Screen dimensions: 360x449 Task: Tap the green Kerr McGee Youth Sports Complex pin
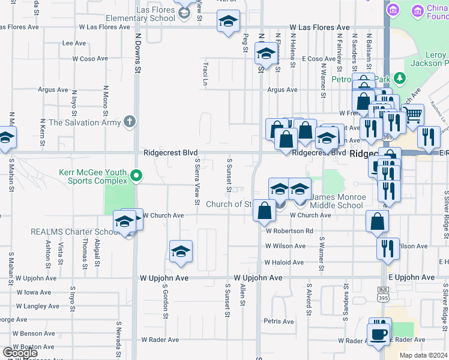point(136,176)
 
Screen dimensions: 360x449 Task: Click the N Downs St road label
point(137,59)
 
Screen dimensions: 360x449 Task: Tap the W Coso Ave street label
point(90,59)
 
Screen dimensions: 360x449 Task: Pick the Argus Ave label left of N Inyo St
point(53,90)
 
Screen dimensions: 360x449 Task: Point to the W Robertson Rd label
point(290,231)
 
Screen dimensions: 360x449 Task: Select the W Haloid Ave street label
point(286,263)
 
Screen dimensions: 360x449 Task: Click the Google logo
point(20,353)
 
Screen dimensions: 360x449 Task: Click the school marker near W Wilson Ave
point(181,253)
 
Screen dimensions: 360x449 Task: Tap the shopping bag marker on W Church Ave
point(264,211)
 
